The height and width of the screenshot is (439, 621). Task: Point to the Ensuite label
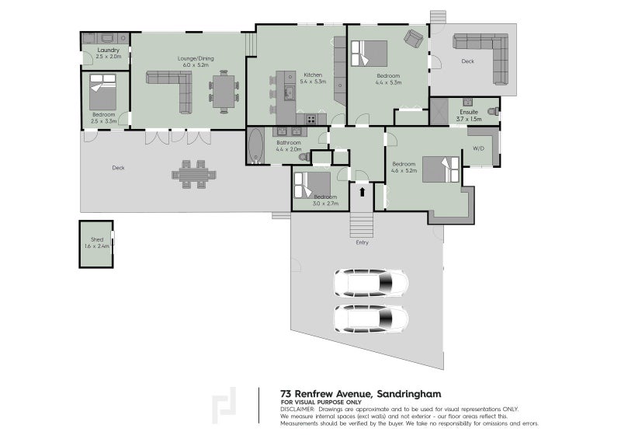469,112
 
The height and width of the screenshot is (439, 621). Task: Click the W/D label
477,148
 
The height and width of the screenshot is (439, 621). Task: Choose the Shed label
97,239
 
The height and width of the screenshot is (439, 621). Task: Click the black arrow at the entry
362,190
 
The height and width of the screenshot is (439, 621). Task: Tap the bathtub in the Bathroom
256,146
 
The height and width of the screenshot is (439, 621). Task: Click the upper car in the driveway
371,284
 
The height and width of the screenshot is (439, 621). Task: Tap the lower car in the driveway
371,318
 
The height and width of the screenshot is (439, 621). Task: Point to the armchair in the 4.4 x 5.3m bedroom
412,38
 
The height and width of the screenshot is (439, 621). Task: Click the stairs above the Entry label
361,225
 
